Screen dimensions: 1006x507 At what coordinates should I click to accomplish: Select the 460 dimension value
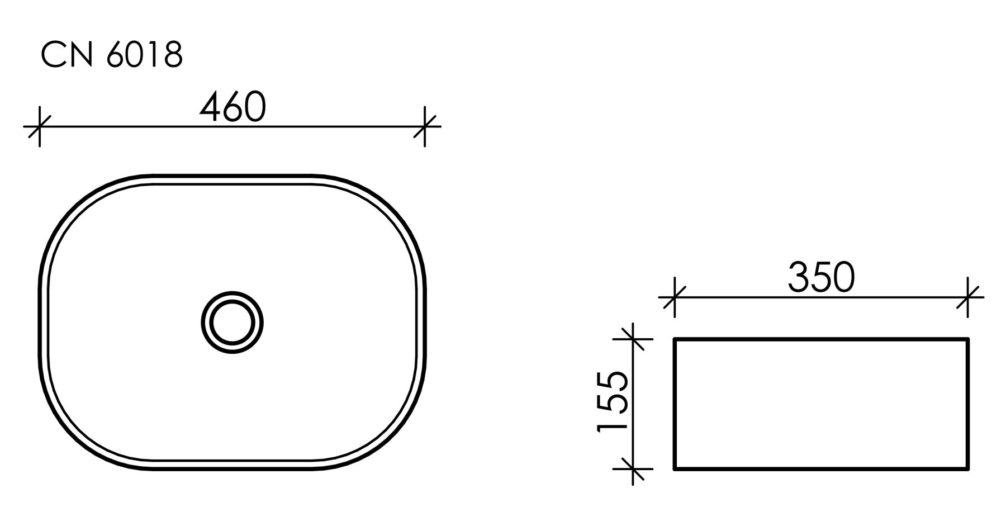click(232, 107)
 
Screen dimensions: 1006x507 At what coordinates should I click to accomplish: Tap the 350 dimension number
click(822, 278)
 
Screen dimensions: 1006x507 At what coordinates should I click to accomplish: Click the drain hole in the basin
click(232, 323)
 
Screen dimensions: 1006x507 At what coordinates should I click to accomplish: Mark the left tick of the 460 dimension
click(39, 127)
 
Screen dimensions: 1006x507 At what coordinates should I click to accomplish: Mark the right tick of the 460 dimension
click(425, 127)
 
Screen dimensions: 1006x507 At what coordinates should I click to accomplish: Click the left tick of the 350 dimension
click(674, 297)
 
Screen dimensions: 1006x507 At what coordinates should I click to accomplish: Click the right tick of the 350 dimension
click(968, 297)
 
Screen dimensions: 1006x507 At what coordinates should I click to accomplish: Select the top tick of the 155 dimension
click(633, 339)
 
